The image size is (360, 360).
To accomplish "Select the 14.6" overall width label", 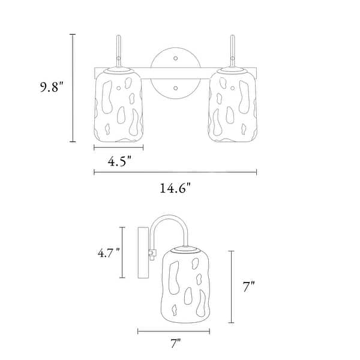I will (x=174, y=188).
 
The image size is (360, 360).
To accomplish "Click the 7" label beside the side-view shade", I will (x=249, y=287).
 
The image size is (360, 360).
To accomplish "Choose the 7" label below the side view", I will (x=175, y=344).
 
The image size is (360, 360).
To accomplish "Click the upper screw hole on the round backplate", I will (x=175, y=59).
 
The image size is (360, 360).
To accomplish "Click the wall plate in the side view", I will (x=143, y=252).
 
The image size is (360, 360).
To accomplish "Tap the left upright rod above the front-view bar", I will (x=118, y=51).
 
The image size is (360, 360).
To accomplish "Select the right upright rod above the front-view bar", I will (x=233, y=51).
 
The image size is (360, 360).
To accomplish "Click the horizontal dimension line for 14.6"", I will (x=175, y=172).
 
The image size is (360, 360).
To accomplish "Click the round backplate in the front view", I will (x=175, y=73).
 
